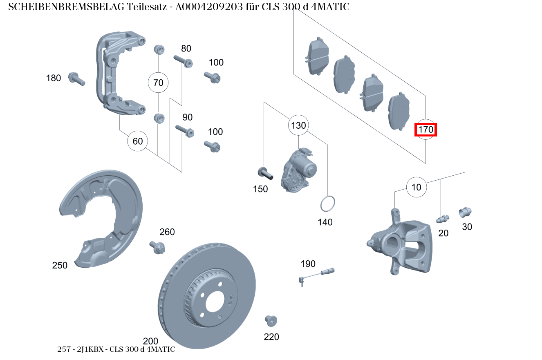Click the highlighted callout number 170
426,130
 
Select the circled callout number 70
158,83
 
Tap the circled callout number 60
138,141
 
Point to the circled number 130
298,125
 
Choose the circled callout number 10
416,188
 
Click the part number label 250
60,265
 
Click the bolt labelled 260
158,247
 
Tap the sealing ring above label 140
327,203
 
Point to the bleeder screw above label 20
442,219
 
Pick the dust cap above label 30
465,212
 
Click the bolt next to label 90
184,131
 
